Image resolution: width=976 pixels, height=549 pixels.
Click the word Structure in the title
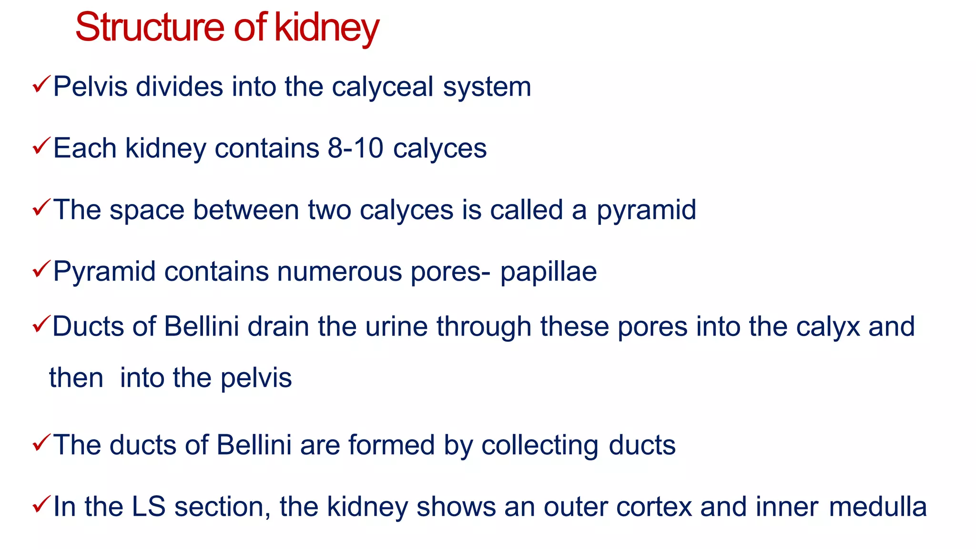coord(149,27)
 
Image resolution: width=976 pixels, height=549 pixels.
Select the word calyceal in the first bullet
coord(382,88)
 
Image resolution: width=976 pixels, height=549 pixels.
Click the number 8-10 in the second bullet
coord(355,148)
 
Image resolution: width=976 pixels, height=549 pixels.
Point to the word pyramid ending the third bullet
coord(646,211)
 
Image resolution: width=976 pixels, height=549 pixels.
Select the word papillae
coord(548,272)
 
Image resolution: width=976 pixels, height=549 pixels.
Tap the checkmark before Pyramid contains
coord(41,269)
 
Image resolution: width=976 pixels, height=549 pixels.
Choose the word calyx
coord(828,327)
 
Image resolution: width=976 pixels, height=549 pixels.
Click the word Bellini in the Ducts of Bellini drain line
coord(201,327)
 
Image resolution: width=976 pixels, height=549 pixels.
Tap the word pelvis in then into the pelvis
coord(256,378)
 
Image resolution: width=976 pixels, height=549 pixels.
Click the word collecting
coord(539,446)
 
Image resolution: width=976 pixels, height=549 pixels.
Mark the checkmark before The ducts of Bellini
coord(41,443)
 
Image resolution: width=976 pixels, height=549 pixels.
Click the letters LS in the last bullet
coord(149,507)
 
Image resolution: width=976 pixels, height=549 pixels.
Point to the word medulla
coord(878,507)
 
